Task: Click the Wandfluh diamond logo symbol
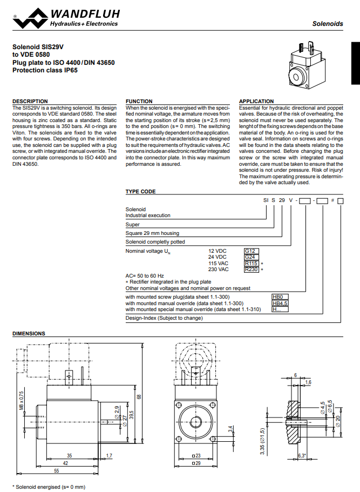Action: (x=30, y=18)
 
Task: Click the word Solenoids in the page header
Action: (x=328, y=24)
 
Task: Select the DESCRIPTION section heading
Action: (x=30, y=102)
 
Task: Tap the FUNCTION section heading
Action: (x=139, y=102)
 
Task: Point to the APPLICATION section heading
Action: (x=256, y=102)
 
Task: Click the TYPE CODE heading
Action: (x=140, y=191)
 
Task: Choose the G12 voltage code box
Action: (x=252, y=251)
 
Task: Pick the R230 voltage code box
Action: (x=252, y=269)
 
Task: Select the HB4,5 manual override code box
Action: (x=280, y=303)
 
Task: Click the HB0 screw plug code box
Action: (x=280, y=297)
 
